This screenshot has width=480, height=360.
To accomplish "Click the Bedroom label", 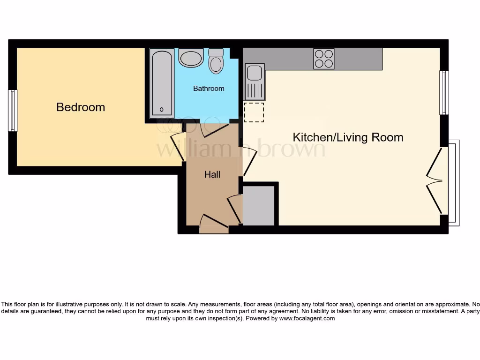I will (81, 107).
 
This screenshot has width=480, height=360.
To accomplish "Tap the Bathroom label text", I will (209, 89).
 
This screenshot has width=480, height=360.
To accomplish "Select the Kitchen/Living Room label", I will (348, 137).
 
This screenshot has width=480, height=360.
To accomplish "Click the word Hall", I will (212, 175).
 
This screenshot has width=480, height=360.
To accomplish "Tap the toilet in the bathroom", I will (216, 61).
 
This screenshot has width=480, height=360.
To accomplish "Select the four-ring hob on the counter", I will (324, 59).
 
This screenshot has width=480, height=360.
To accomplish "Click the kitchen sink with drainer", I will (255, 82).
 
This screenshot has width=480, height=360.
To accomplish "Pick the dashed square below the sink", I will (254, 112).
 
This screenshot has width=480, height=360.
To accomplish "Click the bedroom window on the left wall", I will (13, 111).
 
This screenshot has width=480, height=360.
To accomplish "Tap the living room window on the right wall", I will (443, 92).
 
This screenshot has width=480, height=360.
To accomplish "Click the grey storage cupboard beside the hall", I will (259, 205).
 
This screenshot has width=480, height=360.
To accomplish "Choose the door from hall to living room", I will (248, 161).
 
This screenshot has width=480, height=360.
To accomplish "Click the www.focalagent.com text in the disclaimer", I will (307, 318).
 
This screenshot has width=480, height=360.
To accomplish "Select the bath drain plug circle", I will (162, 110).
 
